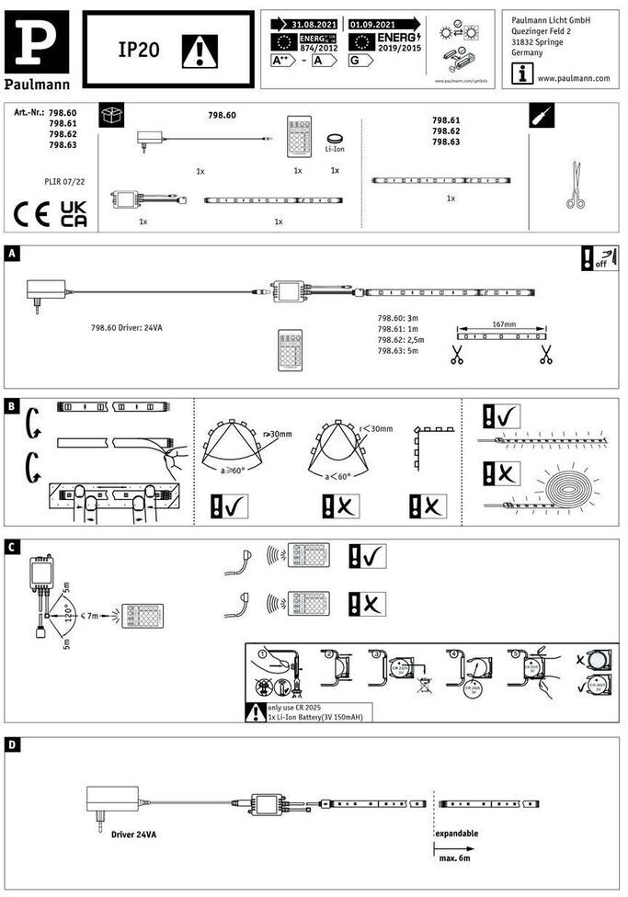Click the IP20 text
138,51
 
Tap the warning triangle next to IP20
197,51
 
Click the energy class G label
360,61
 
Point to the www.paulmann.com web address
573,78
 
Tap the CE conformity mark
34,214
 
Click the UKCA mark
74,214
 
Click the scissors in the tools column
576,185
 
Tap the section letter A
11,253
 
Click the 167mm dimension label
503,324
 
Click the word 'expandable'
457,834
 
